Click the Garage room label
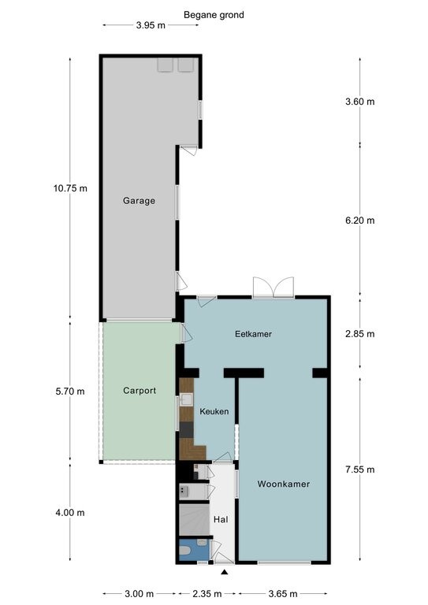[139, 201]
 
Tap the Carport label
[140, 391]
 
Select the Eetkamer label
[253, 334]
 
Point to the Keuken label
[214, 411]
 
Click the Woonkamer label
[284, 484]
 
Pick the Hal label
[221, 519]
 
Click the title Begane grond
[214, 15]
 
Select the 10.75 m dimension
[70, 188]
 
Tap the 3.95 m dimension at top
[151, 25]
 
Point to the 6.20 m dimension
[359, 221]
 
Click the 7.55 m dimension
[359, 470]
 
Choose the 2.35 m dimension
[207, 593]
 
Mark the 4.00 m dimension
[70, 512]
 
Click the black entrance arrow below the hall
[224, 573]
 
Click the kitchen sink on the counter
[187, 399]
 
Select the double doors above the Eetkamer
[274, 287]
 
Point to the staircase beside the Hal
[194, 519]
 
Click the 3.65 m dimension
[283, 593]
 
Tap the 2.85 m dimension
[359, 334]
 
